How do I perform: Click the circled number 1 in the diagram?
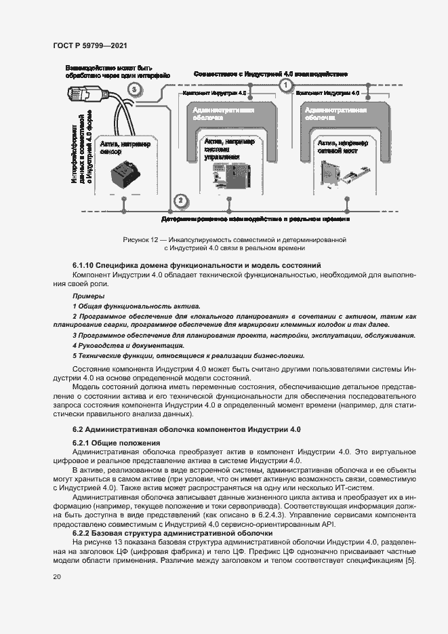coord(285,85)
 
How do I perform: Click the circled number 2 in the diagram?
coord(180,200)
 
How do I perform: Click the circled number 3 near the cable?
coord(135,90)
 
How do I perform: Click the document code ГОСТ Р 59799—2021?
coord(91,45)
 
